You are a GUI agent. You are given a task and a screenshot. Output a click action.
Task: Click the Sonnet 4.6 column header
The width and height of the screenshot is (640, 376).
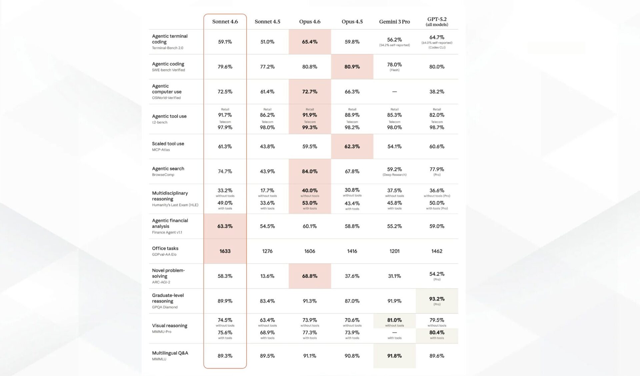tap(225, 22)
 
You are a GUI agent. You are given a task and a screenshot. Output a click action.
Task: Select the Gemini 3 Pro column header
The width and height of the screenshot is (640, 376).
tap(394, 22)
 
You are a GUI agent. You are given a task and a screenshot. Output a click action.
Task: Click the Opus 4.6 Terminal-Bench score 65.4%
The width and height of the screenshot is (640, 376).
tap(310, 42)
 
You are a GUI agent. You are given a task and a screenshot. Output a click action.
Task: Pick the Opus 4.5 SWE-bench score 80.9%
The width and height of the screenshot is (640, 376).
tap(352, 67)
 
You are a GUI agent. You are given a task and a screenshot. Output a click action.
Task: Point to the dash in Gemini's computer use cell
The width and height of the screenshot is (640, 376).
tap(394, 92)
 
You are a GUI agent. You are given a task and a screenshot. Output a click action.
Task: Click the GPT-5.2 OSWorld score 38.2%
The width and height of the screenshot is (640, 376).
tap(437, 92)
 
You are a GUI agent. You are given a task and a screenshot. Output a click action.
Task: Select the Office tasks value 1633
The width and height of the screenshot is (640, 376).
tap(225, 251)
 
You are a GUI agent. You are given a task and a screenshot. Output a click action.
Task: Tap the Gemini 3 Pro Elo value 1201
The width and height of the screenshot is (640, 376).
tap(394, 251)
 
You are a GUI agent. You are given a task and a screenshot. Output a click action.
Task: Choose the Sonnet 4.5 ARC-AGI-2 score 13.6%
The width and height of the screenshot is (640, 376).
tap(267, 276)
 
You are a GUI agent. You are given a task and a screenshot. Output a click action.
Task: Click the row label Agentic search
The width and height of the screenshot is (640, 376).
tap(168, 169)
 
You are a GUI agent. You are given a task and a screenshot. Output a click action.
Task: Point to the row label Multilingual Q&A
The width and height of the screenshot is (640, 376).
tap(170, 353)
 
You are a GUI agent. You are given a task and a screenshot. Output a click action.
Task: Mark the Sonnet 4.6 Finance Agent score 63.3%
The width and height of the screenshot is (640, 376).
tap(225, 226)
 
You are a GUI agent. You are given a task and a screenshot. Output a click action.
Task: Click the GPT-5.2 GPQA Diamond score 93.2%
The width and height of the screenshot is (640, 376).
tap(437, 299)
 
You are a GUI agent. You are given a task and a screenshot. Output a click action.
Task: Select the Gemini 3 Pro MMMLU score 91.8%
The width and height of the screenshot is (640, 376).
tap(394, 356)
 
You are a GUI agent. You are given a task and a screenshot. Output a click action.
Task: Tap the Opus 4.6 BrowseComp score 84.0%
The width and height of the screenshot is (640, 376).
tap(310, 171)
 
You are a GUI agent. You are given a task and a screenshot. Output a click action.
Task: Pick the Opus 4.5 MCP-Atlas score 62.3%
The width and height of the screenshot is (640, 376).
tap(352, 146)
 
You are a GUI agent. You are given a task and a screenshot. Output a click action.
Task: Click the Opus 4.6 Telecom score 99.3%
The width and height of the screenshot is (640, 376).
tap(310, 127)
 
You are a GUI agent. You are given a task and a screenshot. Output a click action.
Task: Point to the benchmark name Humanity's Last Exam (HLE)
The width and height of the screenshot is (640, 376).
tap(175, 205)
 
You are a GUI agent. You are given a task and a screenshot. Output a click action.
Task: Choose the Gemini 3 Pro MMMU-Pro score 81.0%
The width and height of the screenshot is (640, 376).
tap(394, 320)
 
